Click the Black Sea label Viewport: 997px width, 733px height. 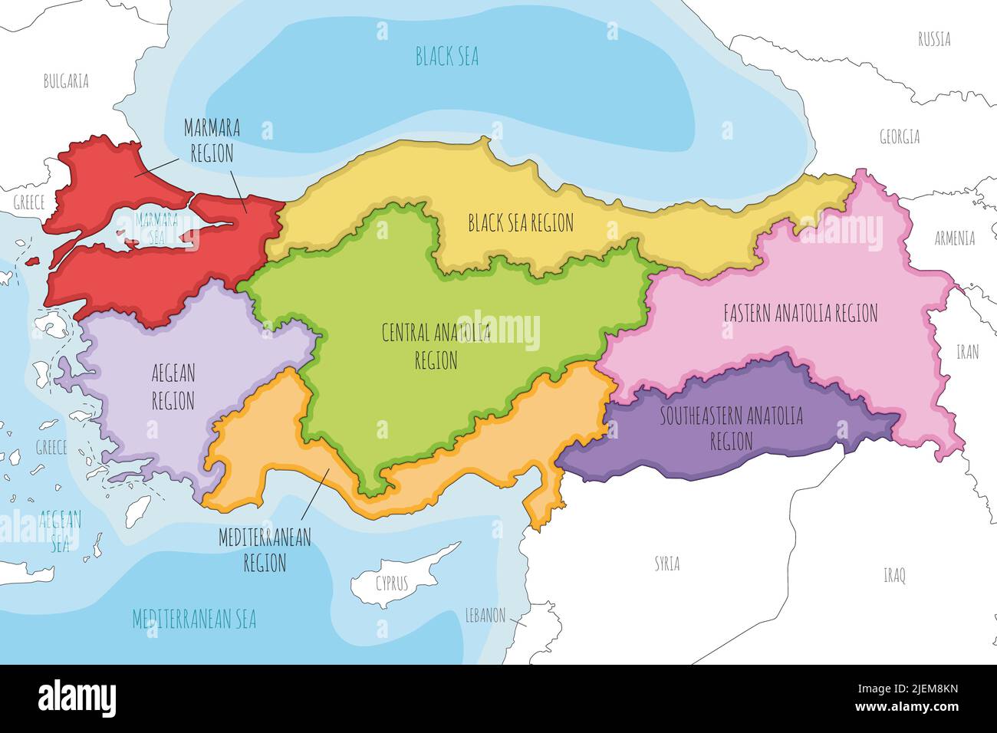pyautogui.click(x=446, y=56)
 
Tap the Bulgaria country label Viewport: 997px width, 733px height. pyautogui.click(x=66, y=81)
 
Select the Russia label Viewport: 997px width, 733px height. pyautogui.click(x=934, y=39)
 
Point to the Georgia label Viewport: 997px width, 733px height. pyautogui.click(x=899, y=137)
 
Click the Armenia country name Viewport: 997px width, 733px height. pyautogui.click(x=954, y=238)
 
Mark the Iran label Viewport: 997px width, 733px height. pyautogui.click(x=967, y=352)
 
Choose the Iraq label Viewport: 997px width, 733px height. pyautogui.click(x=894, y=575)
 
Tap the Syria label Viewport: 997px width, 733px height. pyautogui.click(x=666, y=564)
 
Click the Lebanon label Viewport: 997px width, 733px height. pyautogui.click(x=485, y=615)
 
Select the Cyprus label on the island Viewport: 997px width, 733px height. pyautogui.click(x=392, y=583)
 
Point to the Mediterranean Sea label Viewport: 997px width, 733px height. pyautogui.click(x=194, y=619)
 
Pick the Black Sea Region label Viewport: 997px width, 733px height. pyautogui.click(x=521, y=223)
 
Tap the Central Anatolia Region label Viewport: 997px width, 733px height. pyautogui.click(x=436, y=346)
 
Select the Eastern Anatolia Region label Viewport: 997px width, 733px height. pyautogui.click(x=800, y=313)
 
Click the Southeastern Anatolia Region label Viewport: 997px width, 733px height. pyautogui.click(x=732, y=429)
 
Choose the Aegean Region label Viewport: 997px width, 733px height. pyautogui.click(x=173, y=387)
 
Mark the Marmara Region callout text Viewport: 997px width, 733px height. pyautogui.click(x=212, y=140)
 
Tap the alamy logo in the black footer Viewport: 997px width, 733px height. pyautogui.click(x=77, y=698)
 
